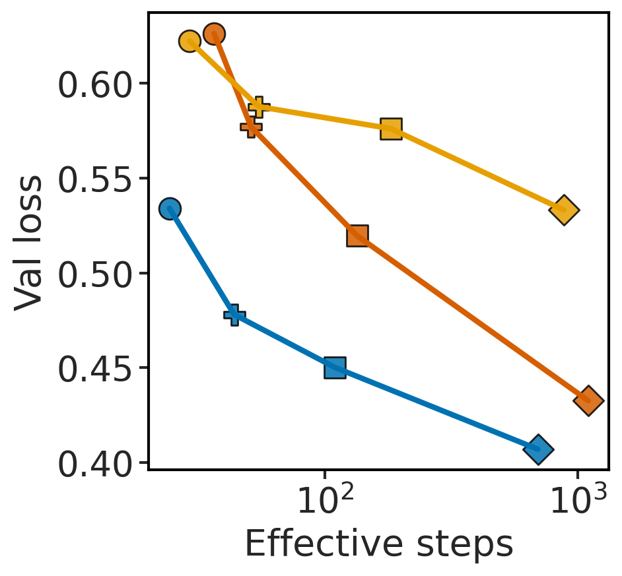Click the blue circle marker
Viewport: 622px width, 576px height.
[170, 208]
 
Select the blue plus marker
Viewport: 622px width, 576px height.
[234, 315]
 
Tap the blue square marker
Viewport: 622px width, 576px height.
[335, 368]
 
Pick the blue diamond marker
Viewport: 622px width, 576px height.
[538, 449]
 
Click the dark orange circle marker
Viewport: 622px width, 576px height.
[214, 34]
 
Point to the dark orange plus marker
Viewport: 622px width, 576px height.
[251, 127]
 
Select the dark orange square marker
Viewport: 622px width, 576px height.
[357, 236]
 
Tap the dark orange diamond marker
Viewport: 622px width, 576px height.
[588, 400]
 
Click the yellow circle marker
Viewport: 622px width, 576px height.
[190, 42]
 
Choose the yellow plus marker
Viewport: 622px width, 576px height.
[259, 106]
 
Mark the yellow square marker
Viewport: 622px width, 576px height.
[391, 129]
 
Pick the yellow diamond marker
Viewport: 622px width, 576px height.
[563, 210]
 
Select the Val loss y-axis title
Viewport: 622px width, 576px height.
[29, 241]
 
